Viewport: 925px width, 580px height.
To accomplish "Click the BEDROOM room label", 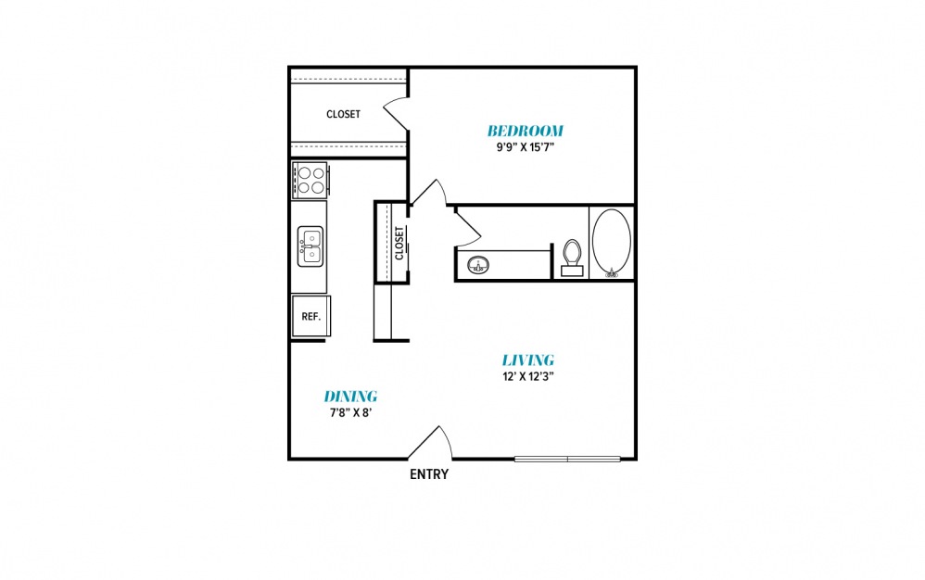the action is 525,131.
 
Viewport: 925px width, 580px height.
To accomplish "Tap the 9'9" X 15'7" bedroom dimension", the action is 525,146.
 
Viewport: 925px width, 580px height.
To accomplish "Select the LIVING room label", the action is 528,359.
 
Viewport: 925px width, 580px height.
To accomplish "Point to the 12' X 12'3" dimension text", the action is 528,376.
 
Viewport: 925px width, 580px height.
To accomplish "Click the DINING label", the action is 350,397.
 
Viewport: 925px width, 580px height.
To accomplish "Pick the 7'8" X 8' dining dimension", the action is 350,412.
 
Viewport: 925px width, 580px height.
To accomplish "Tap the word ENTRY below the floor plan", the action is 429,473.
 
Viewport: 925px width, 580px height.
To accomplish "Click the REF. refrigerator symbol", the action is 310,316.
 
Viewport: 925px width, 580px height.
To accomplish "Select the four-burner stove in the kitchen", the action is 310,180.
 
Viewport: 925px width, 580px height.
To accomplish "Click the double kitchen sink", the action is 310,246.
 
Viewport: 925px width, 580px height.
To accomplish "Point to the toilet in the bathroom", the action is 572,258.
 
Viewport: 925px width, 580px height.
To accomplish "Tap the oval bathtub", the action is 611,243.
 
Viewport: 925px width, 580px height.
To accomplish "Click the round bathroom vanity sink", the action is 478,265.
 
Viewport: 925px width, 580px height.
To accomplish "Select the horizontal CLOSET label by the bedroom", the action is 343,114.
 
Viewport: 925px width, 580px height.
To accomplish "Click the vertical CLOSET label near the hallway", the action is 399,243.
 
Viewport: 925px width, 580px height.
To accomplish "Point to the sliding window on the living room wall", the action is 567,459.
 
